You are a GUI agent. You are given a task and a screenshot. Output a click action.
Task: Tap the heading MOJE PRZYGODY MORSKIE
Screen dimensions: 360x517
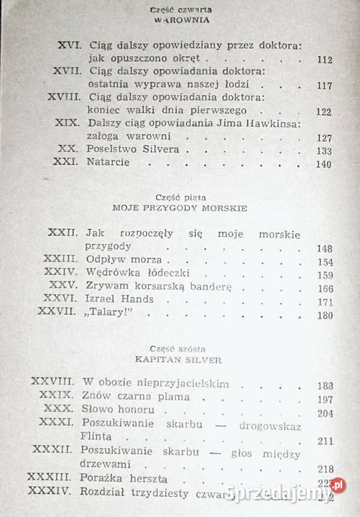[x=180, y=207]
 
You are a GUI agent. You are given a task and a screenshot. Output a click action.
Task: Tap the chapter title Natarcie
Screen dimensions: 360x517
[x=109, y=164]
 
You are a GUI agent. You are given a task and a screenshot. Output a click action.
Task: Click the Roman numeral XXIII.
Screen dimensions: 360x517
[x=63, y=261]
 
